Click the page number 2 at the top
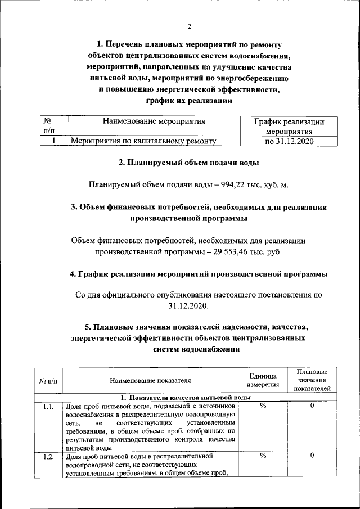pos(189,26)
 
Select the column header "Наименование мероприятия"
pos(153,121)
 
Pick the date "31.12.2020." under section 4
pos(188,307)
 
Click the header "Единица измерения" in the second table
pos(263,380)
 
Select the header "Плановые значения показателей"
pos(312,380)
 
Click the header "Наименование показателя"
pos(150,381)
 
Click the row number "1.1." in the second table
pos(48,407)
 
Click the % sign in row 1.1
pos(263,407)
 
